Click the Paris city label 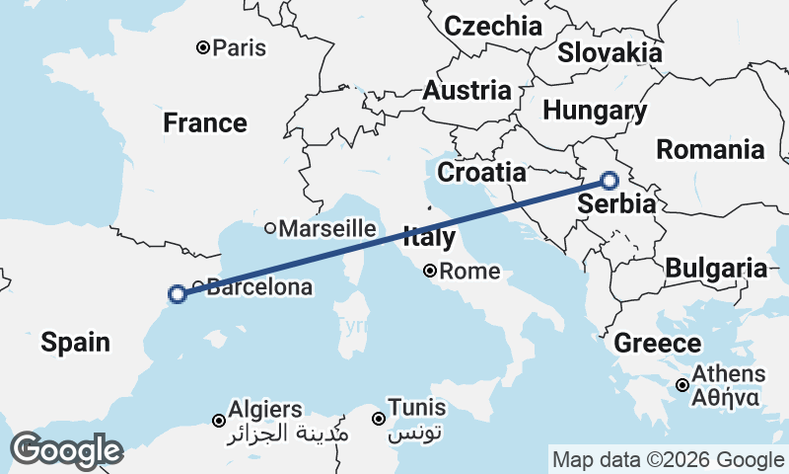240,47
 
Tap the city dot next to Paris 202,47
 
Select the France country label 205,123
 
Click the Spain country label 75,343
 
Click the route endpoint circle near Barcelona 178,294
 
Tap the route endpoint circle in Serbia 610,181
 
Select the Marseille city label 327,228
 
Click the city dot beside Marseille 270,228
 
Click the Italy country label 429,238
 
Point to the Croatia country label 481,172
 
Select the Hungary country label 595,111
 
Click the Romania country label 710,150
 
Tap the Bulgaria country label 716,268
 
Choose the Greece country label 658,344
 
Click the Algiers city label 265,408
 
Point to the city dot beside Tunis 378,419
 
